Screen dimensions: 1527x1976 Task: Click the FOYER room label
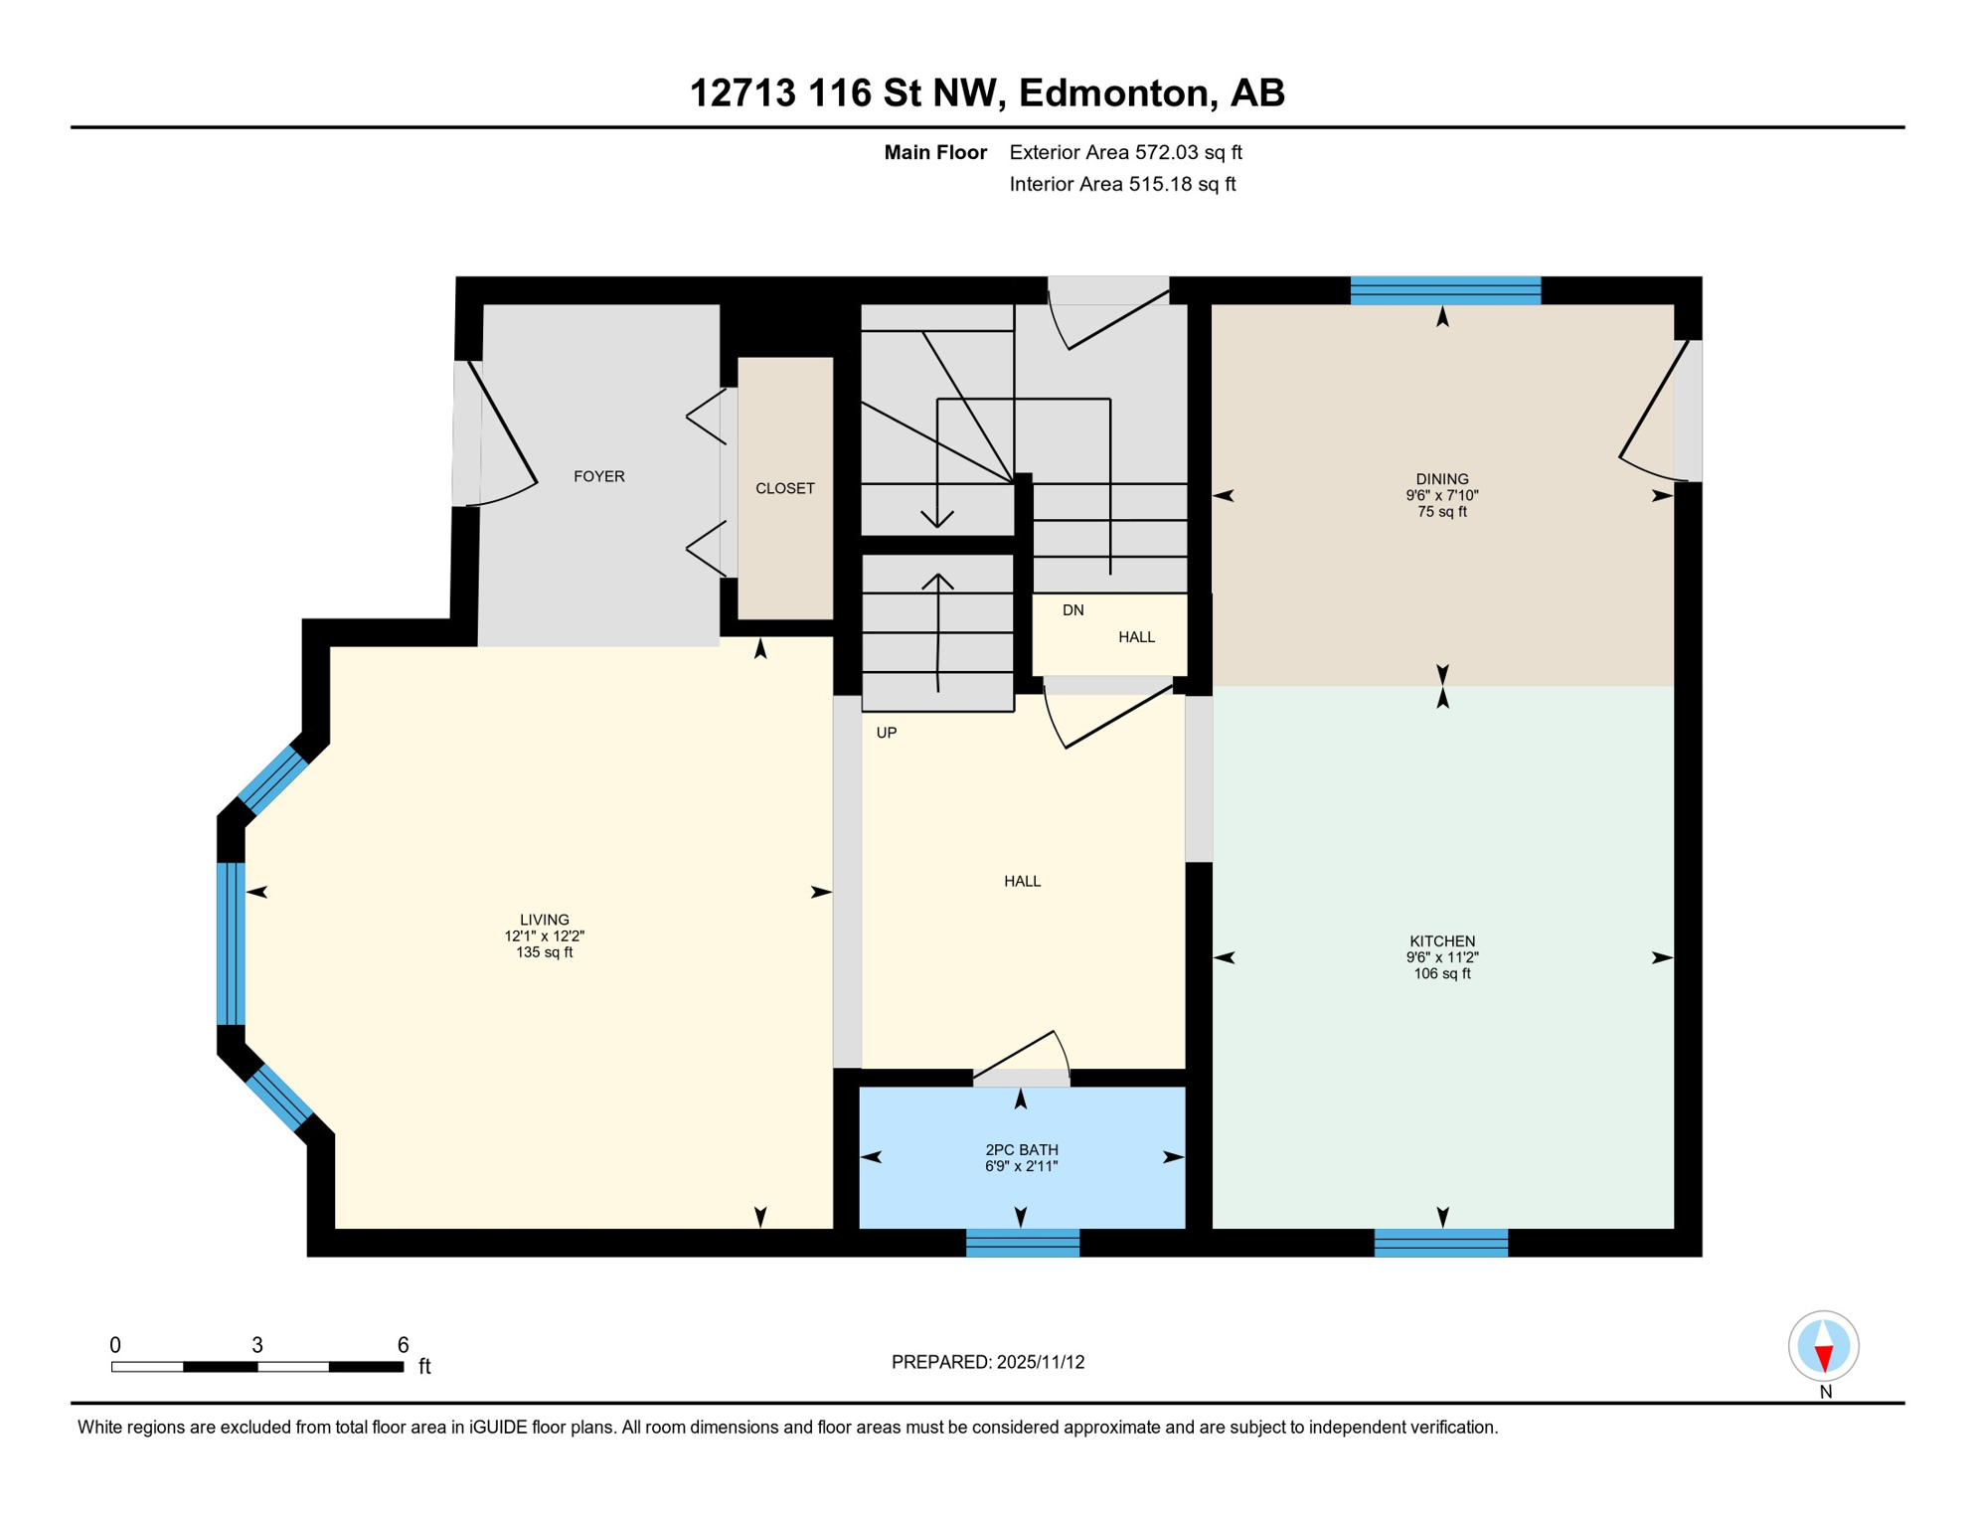point(598,476)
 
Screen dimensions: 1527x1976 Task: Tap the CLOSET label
point(784,488)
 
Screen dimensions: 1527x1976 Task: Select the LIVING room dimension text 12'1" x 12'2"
point(544,935)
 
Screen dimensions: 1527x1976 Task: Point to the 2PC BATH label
point(1021,1149)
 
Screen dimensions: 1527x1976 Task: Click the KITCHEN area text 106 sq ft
point(1441,973)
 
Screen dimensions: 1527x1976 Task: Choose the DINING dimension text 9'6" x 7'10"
point(1441,495)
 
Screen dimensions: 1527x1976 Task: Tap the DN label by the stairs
point(1072,609)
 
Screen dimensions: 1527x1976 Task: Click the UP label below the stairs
point(886,733)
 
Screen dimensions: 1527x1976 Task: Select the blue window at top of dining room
point(1444,290)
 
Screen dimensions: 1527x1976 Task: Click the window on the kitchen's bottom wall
point(1440,1242)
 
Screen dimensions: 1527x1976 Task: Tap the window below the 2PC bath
point(1022,1242)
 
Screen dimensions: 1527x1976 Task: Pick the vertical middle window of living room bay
point(231,942)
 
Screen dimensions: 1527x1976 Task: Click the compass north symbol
point(1823,1346)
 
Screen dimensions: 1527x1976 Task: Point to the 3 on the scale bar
point(256,1345)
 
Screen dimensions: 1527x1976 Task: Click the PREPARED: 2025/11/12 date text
point(987,1362)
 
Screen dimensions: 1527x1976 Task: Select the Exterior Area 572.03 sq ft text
point(1125,152)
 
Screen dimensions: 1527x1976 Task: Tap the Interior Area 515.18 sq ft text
point(1121,184)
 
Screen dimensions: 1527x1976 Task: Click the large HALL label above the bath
point(1022,881)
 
